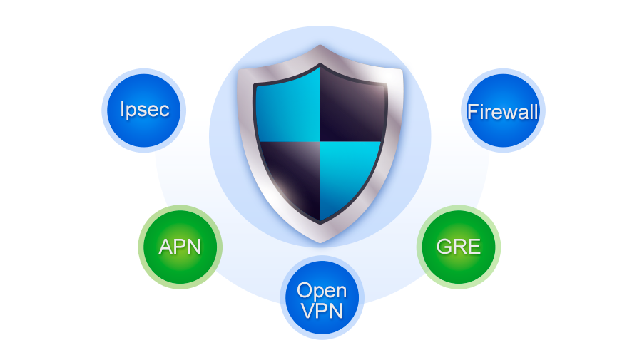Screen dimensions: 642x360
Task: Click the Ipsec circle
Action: click(x=143, y=110)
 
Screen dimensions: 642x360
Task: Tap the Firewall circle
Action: click(x=503, y=110)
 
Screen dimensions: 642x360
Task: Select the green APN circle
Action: click(x=180, y=247)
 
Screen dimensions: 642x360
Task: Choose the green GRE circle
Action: click(x=459, y=247)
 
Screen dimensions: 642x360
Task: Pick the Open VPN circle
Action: click(x=322, y=297)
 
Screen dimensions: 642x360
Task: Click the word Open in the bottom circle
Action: click(x=322, y=291)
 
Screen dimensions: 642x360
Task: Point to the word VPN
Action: click(x=322, y=311)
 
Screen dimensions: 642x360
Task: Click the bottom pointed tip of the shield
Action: click(x=320, y=242)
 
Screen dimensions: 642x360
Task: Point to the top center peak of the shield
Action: click(x=320, y=46)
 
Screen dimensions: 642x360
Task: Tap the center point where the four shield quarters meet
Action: click(x=320, y=142)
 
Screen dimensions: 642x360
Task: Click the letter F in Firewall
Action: click(x=472, y=112)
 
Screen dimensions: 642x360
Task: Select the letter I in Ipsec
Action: click(x=122, y=109)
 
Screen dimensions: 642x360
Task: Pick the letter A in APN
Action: click(x=165, y=247)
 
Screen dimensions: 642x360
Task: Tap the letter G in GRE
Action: click(x=444, y=247)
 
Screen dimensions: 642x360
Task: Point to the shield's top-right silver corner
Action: click(x=401, y=72)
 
